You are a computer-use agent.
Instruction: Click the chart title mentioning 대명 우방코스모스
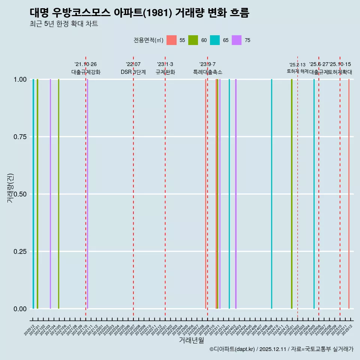coord(139,13)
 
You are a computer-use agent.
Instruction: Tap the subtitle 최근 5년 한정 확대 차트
coord(64,24)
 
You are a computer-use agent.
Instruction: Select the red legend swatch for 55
coord(171,40)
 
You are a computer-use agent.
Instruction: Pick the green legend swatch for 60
coord(193,40)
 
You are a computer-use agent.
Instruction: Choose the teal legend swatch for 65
coord(215,40)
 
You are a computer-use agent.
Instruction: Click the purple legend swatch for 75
coord(237,40)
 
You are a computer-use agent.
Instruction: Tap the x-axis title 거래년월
coord(191,340)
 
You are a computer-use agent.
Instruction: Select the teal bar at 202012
coord(33,194)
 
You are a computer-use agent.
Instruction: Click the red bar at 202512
coord(349,194)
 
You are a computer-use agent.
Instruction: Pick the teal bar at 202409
coord(271,194)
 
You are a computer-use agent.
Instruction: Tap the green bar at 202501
coord(292,194)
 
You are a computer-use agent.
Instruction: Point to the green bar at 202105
coord(58,194)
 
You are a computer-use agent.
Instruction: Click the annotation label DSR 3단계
coord(133,72)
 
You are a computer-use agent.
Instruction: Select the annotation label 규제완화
coord(165,72)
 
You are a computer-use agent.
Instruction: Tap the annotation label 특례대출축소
coord(207,72)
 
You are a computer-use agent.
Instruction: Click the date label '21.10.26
coord(85,64)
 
